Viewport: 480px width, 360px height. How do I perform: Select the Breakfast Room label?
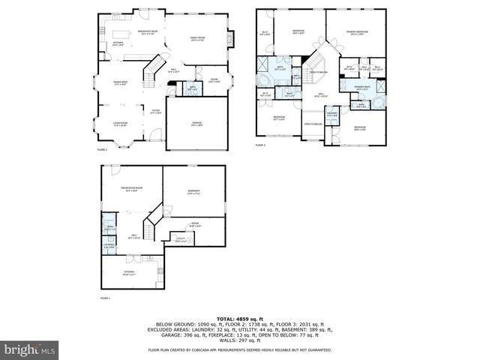146,32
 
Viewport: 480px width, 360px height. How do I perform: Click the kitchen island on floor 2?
122,33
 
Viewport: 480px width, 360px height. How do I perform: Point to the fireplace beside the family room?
232,38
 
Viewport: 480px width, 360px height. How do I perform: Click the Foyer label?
156,112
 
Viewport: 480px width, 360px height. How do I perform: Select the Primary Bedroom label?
357,32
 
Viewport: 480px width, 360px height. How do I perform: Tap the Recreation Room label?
132,188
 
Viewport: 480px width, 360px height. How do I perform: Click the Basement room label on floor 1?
194,192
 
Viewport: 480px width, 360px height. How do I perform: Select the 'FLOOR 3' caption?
260,145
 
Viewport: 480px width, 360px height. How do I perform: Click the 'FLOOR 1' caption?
104,298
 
